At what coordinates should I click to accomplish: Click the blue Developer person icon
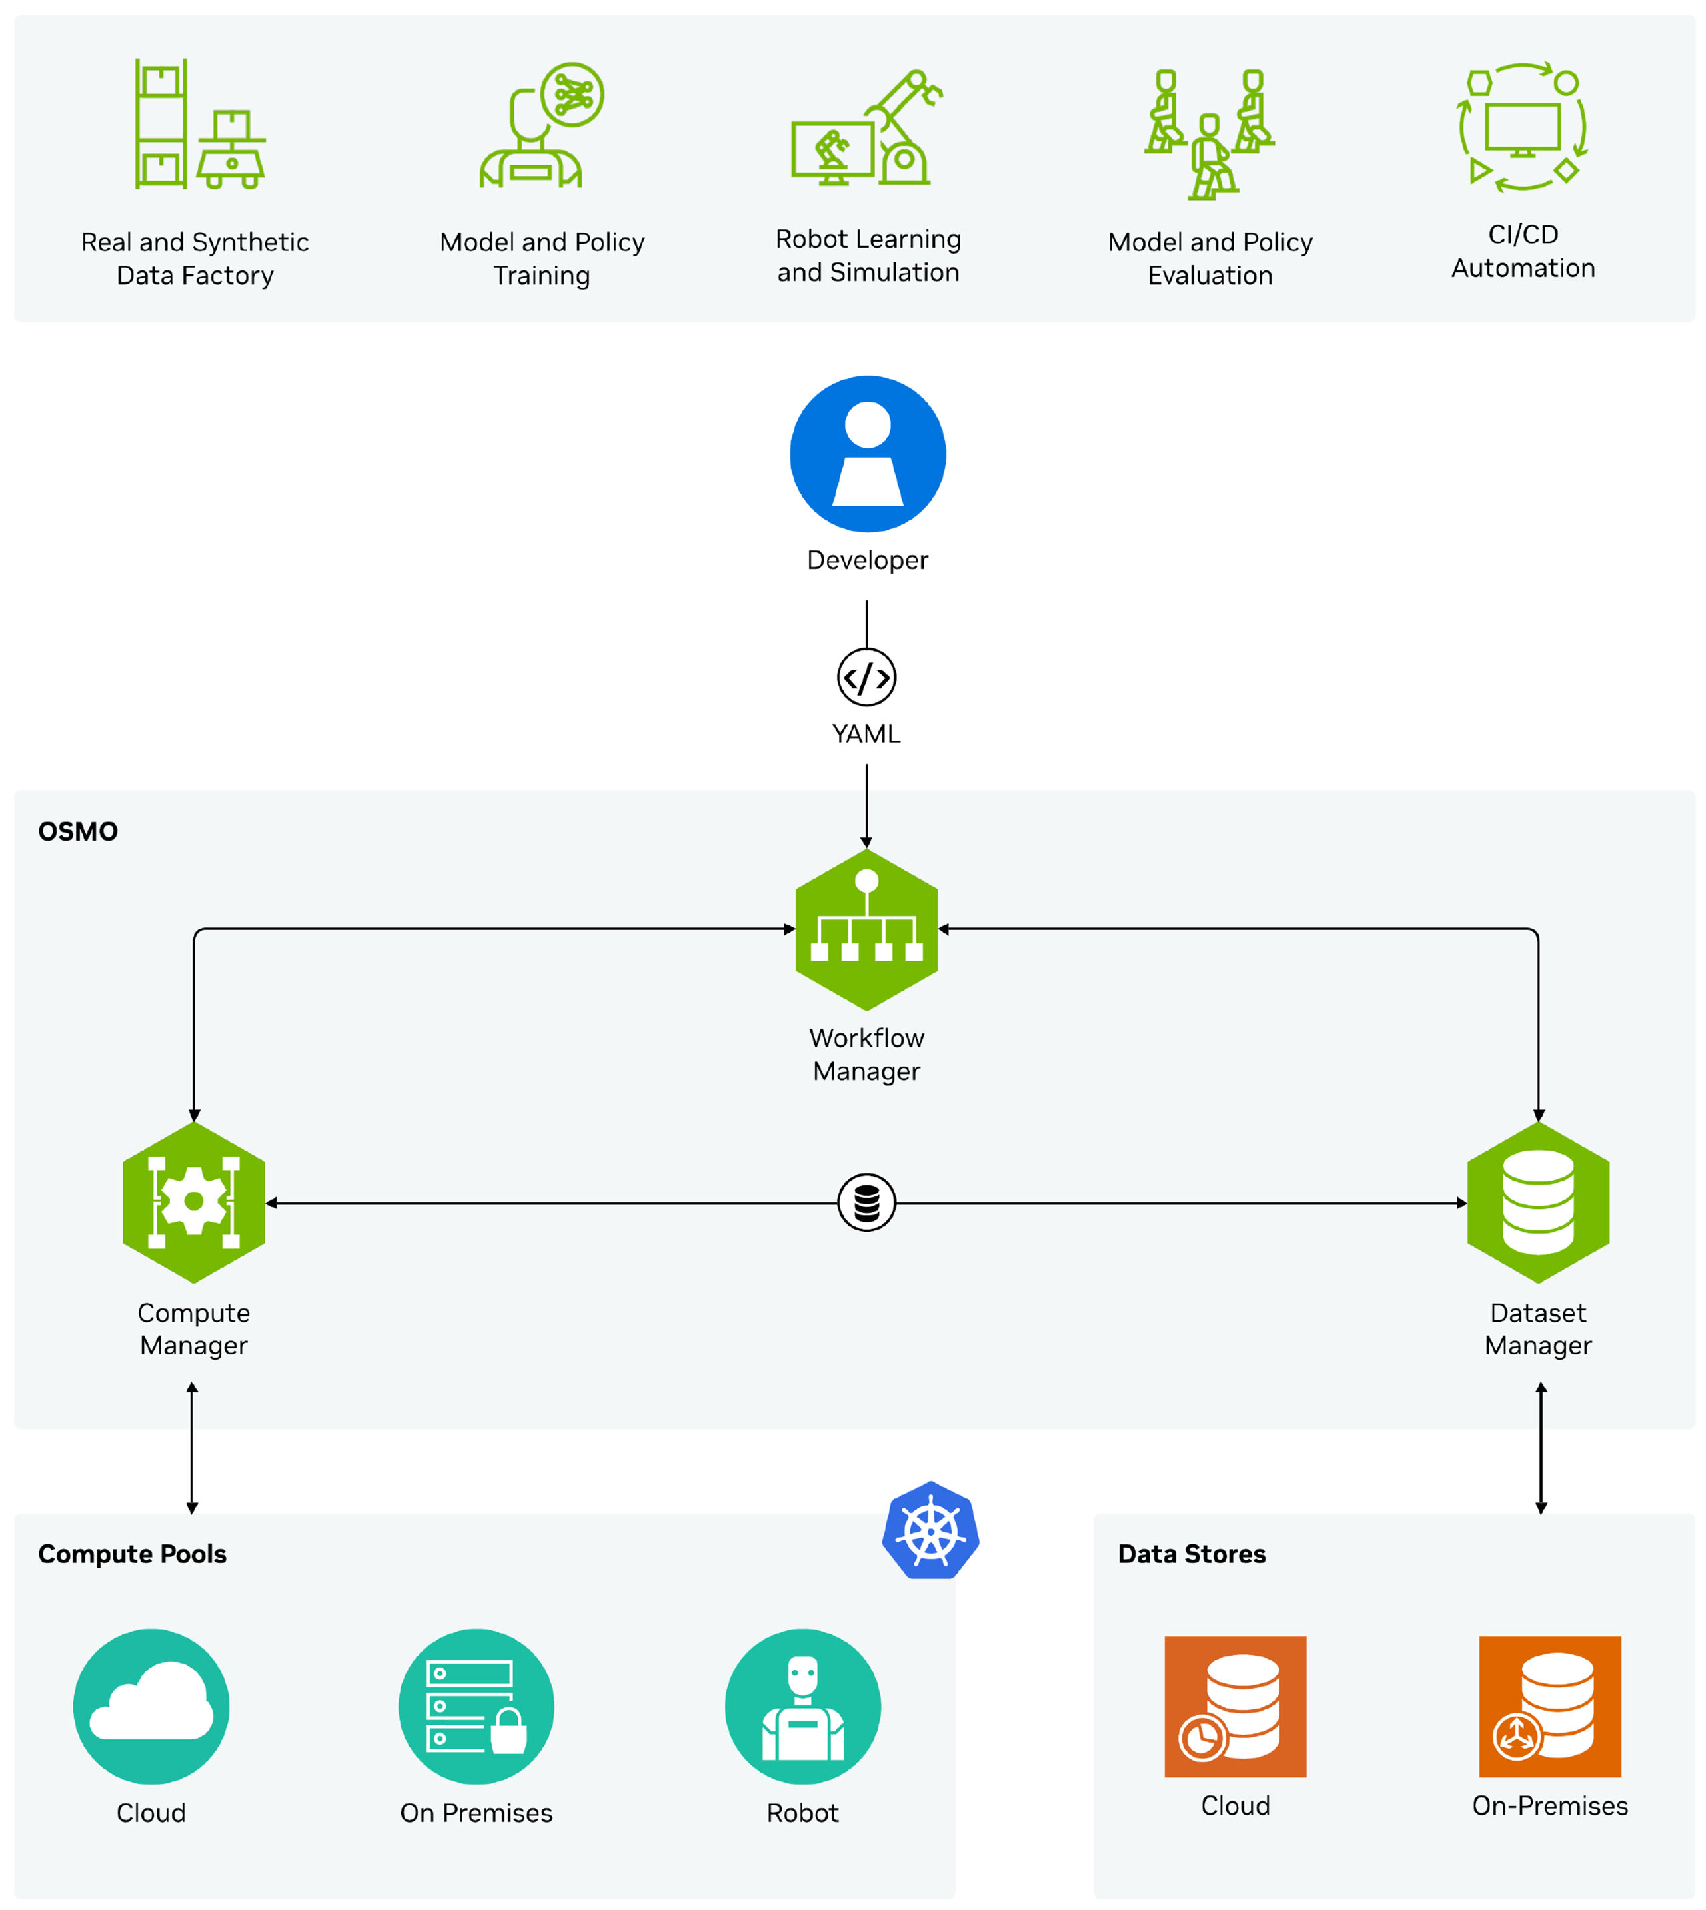[867, 454]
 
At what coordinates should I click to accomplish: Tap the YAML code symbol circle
[866, 677]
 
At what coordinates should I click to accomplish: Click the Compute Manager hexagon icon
[194, 1202]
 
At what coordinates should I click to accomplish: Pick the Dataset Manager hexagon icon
[1537, 1202]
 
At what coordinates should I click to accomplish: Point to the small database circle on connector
[866, 1202]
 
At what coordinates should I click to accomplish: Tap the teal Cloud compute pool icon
[151, 1705]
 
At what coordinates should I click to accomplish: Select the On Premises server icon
[476, 1705]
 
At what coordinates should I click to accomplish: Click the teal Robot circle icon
[802, 1705]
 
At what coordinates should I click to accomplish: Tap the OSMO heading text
[78, 831]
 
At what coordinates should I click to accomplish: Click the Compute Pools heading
[132, 1554]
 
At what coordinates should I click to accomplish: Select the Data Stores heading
[1192, 1554]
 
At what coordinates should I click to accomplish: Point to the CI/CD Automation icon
[1522, 127]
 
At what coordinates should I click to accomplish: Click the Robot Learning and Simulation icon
[867, 129]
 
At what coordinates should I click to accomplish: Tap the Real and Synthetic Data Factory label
[195, 258]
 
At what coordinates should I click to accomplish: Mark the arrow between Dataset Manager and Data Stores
[1541, 1448]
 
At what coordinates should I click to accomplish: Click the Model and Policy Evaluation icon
[1210, 133]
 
